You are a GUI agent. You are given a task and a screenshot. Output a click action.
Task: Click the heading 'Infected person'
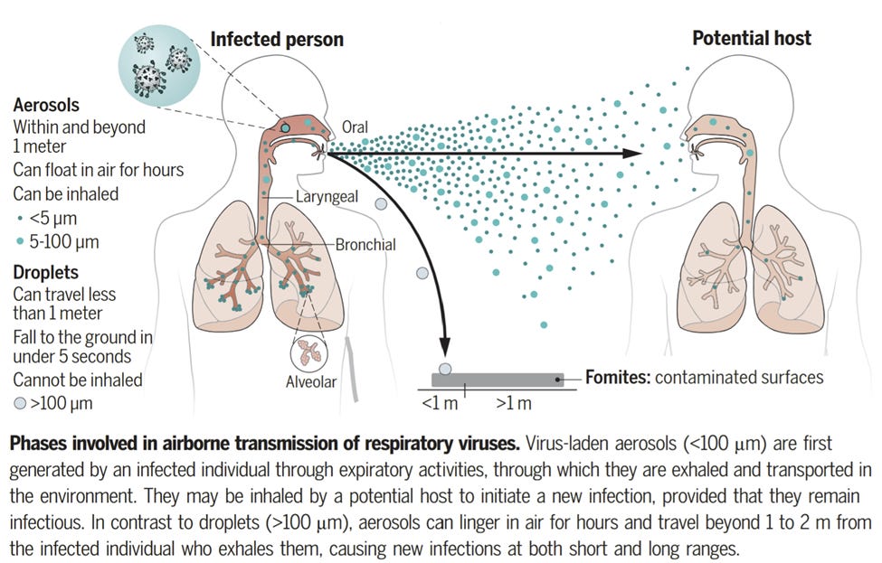pyautogui.click(x=276, y=39)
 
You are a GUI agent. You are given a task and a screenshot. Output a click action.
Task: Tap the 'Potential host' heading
pyautogui.click(x=751, y=38)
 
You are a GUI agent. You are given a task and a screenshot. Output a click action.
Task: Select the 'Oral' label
pyautogui.click(x=356, y=127)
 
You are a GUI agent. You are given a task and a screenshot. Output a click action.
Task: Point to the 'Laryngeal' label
pyautogui.click(x=326, y=196)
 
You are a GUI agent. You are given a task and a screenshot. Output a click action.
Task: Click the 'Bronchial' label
pyautogui.click(x=365, y=244)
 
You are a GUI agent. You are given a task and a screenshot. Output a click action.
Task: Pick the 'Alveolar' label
pyautogui.click(x=310, y=382)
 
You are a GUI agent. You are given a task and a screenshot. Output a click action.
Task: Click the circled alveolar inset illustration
pyautogui.click(x=310, y=352)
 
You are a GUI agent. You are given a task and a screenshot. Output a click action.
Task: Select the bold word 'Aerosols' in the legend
pyautogui.click(x=45, y=105)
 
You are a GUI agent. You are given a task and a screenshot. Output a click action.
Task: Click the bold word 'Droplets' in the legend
pyautogui.click(x=45, y=272)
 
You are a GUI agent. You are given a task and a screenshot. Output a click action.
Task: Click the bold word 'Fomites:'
pyautogui.click(x=618, y=377)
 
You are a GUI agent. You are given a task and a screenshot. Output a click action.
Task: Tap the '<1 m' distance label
pyautogui.click(x=441, y=403)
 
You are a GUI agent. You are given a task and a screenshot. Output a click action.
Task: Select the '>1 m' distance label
pyautogui.click(x=512, y=403)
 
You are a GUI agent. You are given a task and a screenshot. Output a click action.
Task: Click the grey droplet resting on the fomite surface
pyautogui.click(x=444, y=368)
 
